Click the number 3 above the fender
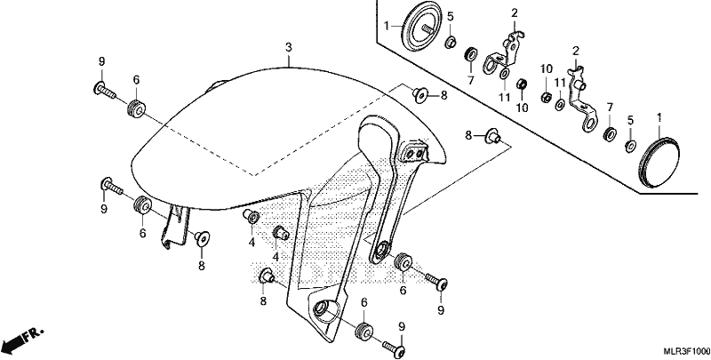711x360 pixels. (x=288, y=47)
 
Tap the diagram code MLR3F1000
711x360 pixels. (x=686, y=351)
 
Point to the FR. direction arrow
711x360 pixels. (x=21, y=340)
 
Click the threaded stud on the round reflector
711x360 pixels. (x=427, y=28)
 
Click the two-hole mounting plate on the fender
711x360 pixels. (x=414, y=153)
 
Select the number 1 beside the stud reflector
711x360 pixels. (x=387, y=27)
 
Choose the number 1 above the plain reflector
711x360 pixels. (x=659, y=118)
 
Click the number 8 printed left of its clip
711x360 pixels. (x=469, y=134)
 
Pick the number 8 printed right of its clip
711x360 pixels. (x=443, y=95)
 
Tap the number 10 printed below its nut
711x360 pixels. (x=521, y=108)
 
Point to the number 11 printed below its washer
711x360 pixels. (x=504, y=97)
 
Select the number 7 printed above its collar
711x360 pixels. (x=610, y=107)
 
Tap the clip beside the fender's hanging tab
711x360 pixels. (x=202, y=237)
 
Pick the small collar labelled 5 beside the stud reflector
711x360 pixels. (x=450, y=43)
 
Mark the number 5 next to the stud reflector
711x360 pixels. (x=450, y=17)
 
